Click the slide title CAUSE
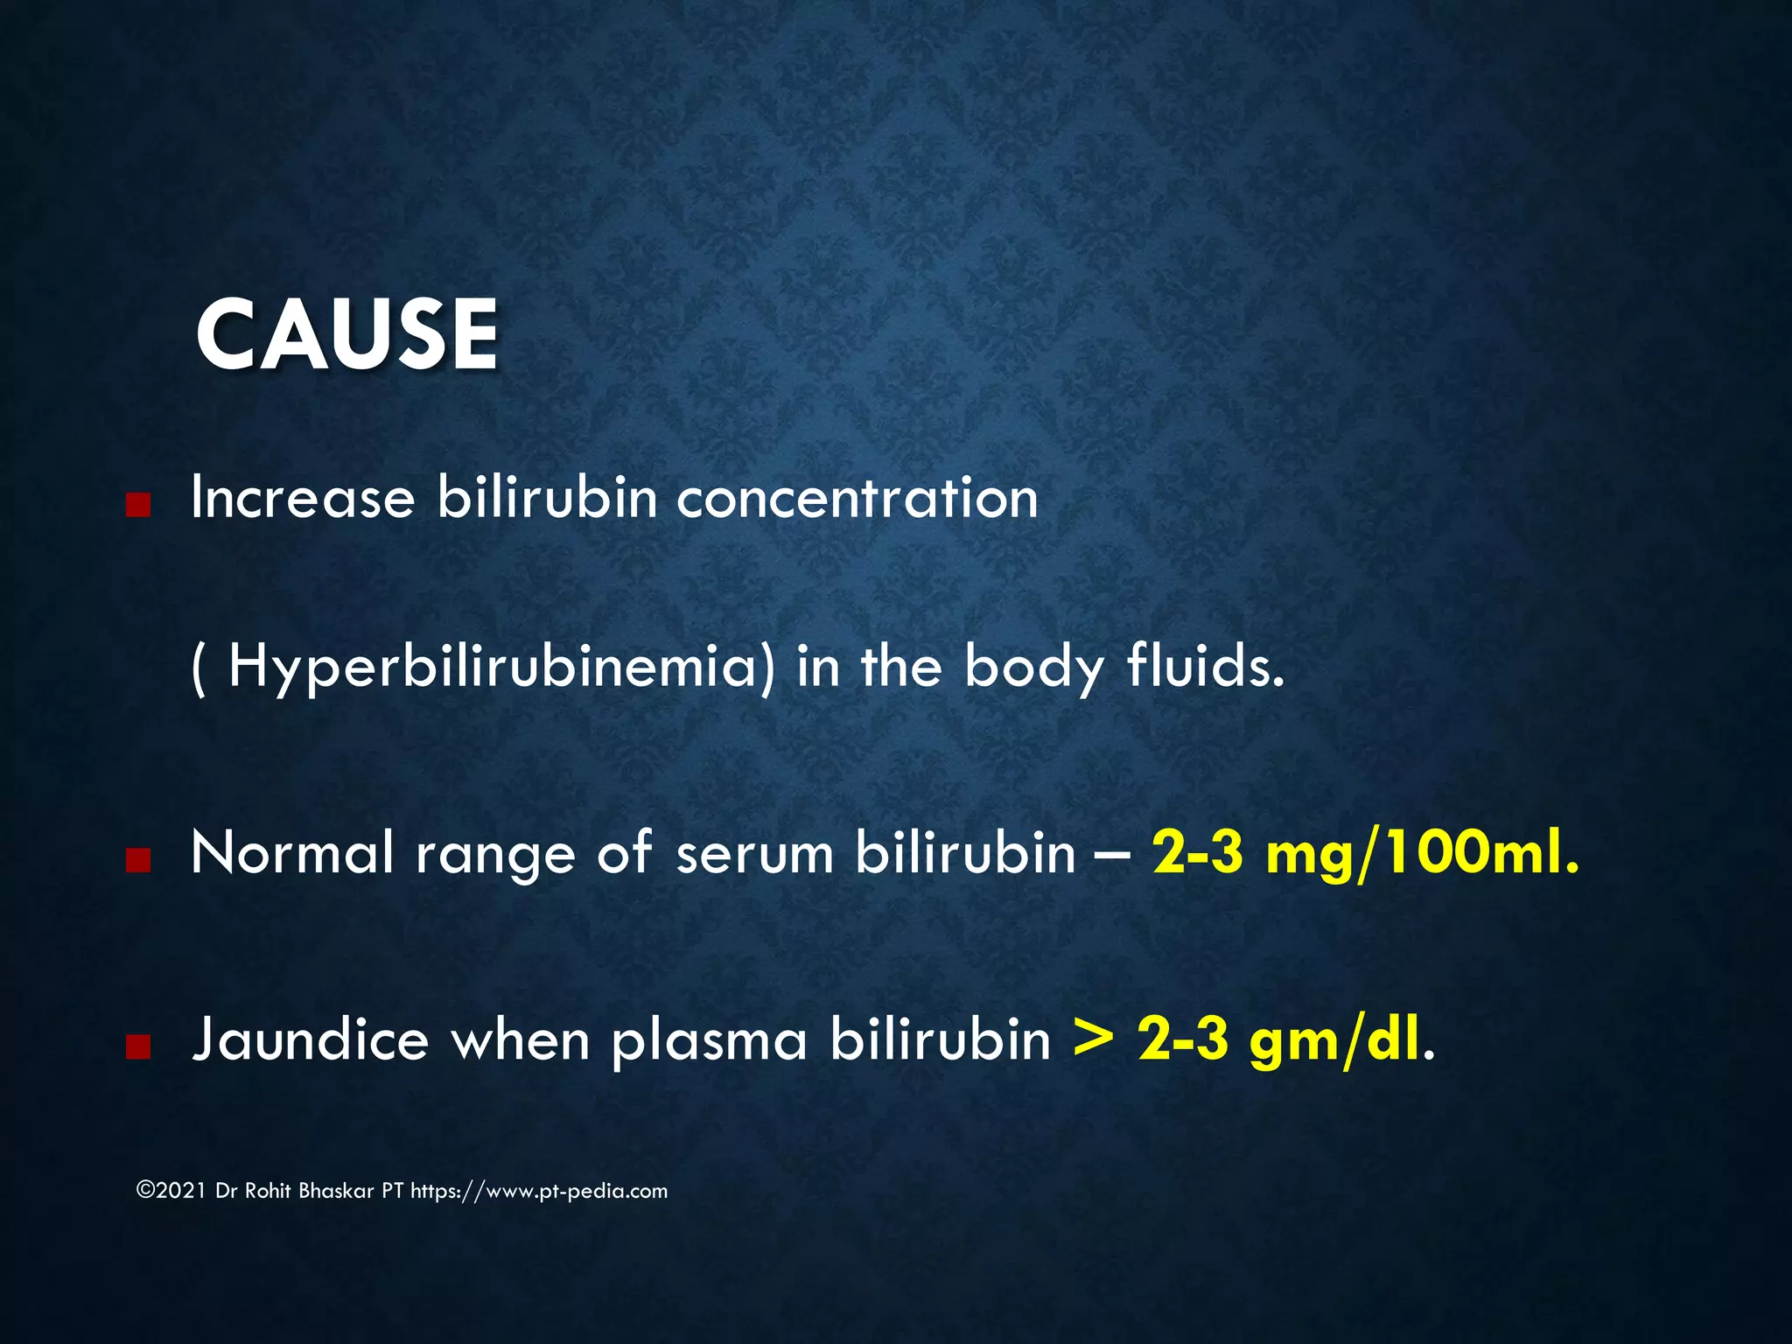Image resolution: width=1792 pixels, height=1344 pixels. point(347,335)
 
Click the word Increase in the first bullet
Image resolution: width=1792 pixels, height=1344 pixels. point(303,498)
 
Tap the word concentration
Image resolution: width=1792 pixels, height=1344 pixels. point(857,498)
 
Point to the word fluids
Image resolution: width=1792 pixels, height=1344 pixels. point(1206,666)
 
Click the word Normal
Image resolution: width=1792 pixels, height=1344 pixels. point(292,852)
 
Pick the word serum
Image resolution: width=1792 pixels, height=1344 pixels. point(754,854)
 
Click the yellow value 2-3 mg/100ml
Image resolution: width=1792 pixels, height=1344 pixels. point(1365,852)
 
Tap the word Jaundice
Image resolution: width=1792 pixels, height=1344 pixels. point(311,1040)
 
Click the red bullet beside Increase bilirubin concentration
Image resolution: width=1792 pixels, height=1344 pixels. point(138,504)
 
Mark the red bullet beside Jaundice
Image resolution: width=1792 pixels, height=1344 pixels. point(138,1047)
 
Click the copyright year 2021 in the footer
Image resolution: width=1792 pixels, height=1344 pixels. point(181,1191)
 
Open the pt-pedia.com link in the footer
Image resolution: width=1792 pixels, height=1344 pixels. point(539,1191)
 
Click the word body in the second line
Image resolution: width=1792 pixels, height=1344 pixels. point(1034,668)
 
